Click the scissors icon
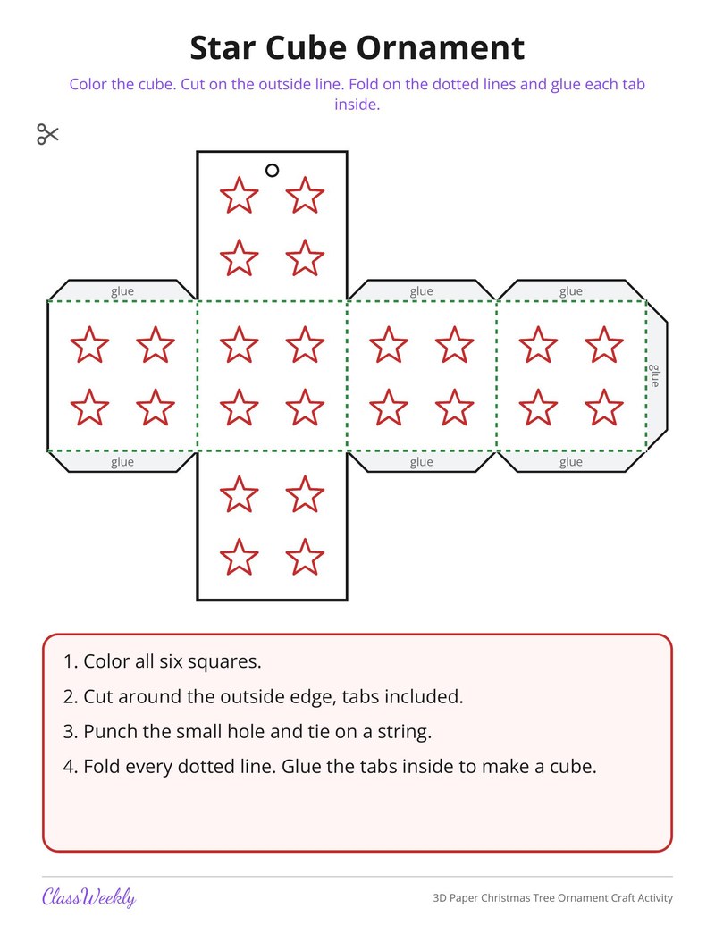click(47, 134)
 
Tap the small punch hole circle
click(272, 171)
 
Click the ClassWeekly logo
click(88, 897)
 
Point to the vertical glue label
click(654, 375)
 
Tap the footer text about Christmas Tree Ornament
click(552, 898)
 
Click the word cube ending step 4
click(573, 766)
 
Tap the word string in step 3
click(404, 732)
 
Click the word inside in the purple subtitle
click(357, 105)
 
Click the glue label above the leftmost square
click(122, 290)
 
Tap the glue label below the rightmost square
click(570, 462)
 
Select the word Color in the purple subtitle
click(88, 84)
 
